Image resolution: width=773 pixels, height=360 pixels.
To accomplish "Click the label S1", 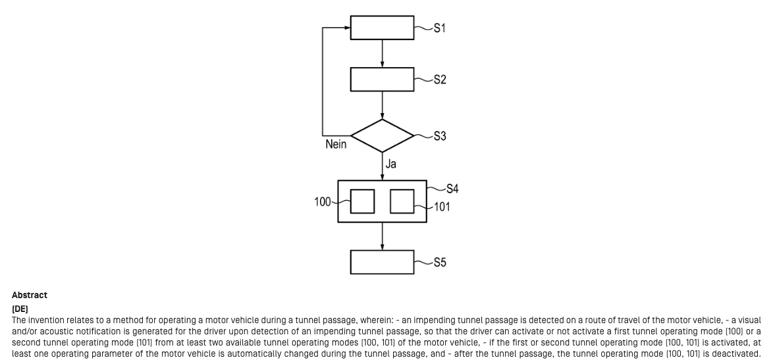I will click(x=440, y=29).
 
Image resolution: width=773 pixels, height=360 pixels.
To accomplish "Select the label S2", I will click(x=440, y=80).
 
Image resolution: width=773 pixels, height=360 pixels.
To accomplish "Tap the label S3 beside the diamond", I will click(x=440, y=136).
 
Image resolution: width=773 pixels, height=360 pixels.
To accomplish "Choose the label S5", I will click(x=440, y=263).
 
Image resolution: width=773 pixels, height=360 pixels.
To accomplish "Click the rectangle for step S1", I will click(x=382, y=28).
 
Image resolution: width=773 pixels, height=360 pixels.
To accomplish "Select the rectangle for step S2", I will click(x=382, y=79).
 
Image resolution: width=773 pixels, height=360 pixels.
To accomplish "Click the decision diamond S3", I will click(x=382, y=136).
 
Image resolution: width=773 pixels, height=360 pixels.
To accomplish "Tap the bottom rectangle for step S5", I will click(x=382, y=262).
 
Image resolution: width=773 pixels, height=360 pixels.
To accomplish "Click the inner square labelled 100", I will click(x=362, y=201).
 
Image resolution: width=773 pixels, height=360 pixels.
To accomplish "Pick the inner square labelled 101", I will click(x=402, y=201).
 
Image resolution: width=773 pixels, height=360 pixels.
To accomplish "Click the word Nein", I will click(x=336, y=144).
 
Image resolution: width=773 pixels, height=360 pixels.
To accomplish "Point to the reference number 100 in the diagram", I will click(x=323, y=202).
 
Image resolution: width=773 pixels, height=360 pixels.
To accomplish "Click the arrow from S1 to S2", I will click(x=383, y=53).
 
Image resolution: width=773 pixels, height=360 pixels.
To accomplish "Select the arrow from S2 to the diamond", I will click(x=383, y=105).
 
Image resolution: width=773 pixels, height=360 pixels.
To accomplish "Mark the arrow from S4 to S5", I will click(x=383, y=236).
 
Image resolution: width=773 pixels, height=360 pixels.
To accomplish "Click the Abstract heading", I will click(x=30, y=296).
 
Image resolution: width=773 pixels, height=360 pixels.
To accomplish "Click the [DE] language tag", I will click(x=20, y=308).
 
